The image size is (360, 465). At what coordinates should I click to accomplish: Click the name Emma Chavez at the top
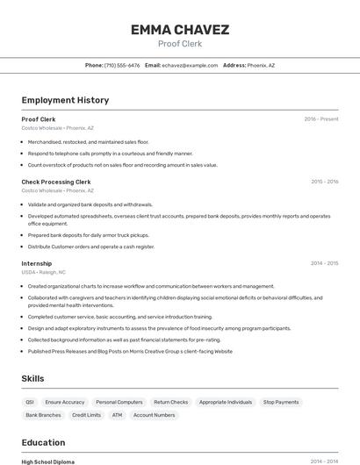click(x=179, y=30)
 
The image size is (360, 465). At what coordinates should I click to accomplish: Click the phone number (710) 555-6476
click(x=122, y=65)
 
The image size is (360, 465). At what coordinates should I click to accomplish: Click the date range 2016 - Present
click(x=320, y=118)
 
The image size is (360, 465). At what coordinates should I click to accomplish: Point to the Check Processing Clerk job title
click(x=56, y=182)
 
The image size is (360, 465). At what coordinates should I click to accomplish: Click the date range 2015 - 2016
click(x=324, y=182)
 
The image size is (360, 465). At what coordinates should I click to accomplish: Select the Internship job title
click(x=37, y=263)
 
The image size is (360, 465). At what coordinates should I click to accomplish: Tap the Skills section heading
click(x=33, y=378)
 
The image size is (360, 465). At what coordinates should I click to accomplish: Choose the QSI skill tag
click(x=31, y=402)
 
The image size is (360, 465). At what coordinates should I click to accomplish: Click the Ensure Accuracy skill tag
click(x=65, y=402)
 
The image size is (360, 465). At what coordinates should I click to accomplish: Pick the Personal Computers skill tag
click(x=119, y=402)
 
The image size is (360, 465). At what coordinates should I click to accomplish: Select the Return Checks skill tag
click(x=170, y=402)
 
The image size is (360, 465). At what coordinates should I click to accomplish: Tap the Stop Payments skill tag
click(x=281, y=402)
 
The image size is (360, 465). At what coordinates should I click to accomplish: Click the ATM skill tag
click(x=117, y=415)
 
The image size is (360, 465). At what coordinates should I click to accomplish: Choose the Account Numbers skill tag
click(x=154, y=415)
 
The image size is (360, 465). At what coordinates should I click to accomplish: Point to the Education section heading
click(x=43, y=442)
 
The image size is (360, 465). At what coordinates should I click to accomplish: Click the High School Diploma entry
click(x=48, y=461)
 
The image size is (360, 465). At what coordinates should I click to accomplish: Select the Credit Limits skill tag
click(x=86, y=415)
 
